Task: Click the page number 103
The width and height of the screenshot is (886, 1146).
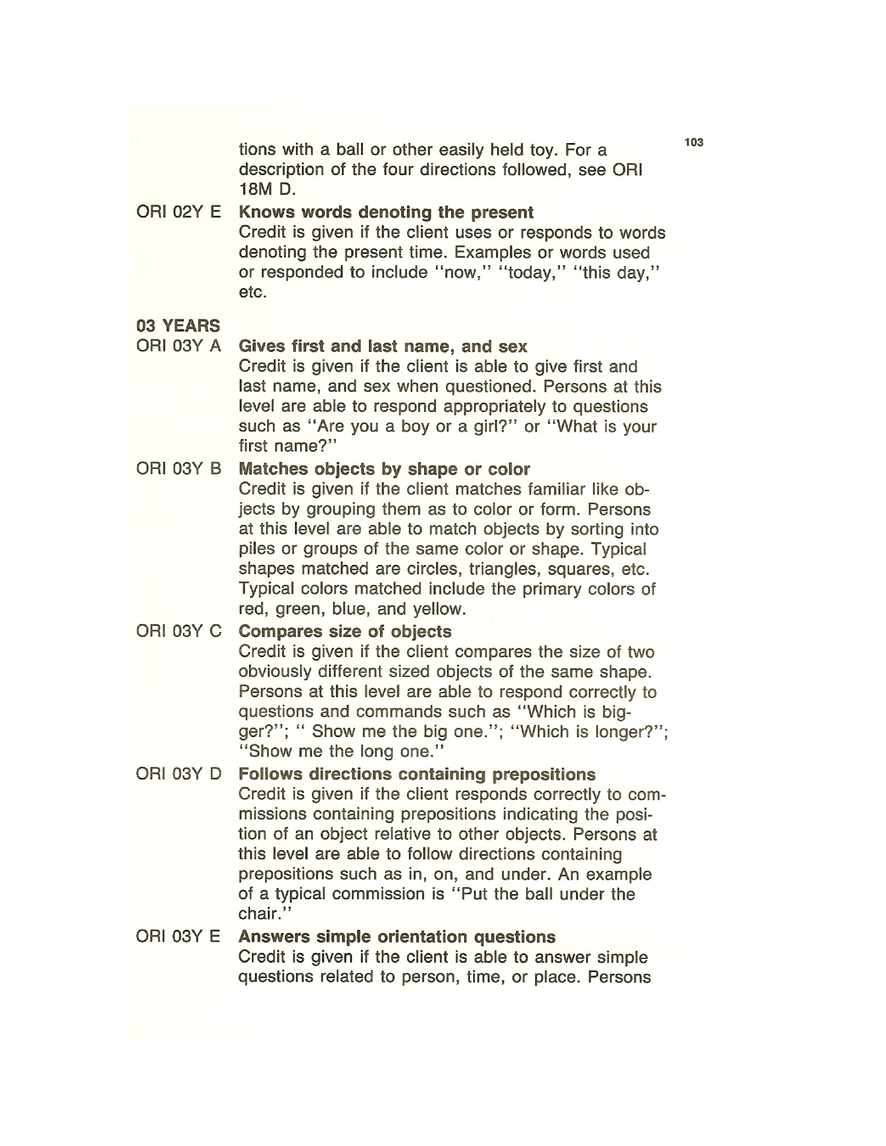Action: coord(694,142)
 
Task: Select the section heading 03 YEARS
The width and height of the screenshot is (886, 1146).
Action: coord(178,326)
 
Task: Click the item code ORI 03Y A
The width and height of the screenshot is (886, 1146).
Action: coord(179,346)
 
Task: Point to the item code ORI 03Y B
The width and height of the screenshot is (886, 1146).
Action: coord(179,468)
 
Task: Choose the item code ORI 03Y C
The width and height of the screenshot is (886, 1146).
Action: coord(179,631)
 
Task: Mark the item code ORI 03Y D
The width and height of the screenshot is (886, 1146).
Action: coord(179,774)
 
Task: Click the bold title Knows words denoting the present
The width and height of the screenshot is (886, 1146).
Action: coord(386,213)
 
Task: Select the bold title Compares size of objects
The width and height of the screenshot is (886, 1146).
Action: coord(345,631)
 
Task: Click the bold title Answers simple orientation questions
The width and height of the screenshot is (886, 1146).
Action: coord(397,937)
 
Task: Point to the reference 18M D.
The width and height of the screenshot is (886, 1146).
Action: coord(267,189)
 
